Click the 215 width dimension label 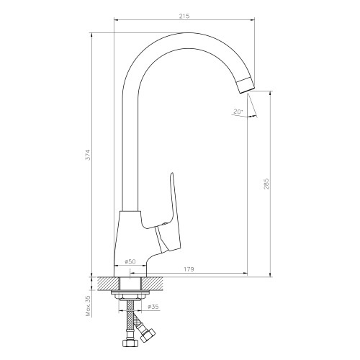pos(184,16)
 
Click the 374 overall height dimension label pos(89,155)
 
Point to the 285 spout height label pos(266,184)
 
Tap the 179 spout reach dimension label pos(189,269)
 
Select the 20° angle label pos(238,112)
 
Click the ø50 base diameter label pos(130,262)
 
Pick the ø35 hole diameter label pos(153,307)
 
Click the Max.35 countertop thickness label pos(89,306)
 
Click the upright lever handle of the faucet pos(172,211)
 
